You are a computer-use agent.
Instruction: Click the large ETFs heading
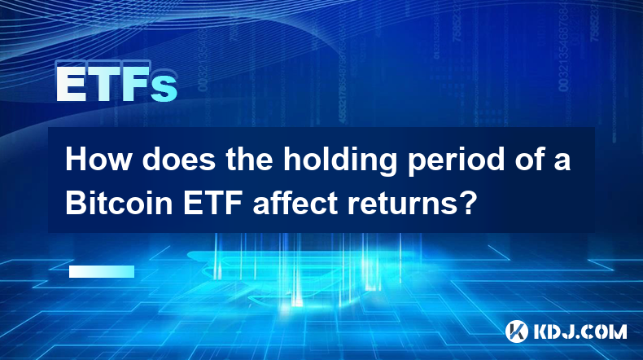tap(117, 84)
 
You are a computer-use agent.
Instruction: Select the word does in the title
tap(178, 160)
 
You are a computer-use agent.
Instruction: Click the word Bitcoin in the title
tap(119, 203)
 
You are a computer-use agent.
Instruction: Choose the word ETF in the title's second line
tap(212, 203)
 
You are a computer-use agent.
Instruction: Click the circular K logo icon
tap(516, 331)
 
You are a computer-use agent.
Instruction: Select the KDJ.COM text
tap(580, 331)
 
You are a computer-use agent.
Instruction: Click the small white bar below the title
tap(102, 272)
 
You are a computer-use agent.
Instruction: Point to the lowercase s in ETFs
tap(164, 89)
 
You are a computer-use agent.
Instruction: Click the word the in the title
tap(249, 160)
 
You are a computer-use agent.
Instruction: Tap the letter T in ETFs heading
tap(103, 84)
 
